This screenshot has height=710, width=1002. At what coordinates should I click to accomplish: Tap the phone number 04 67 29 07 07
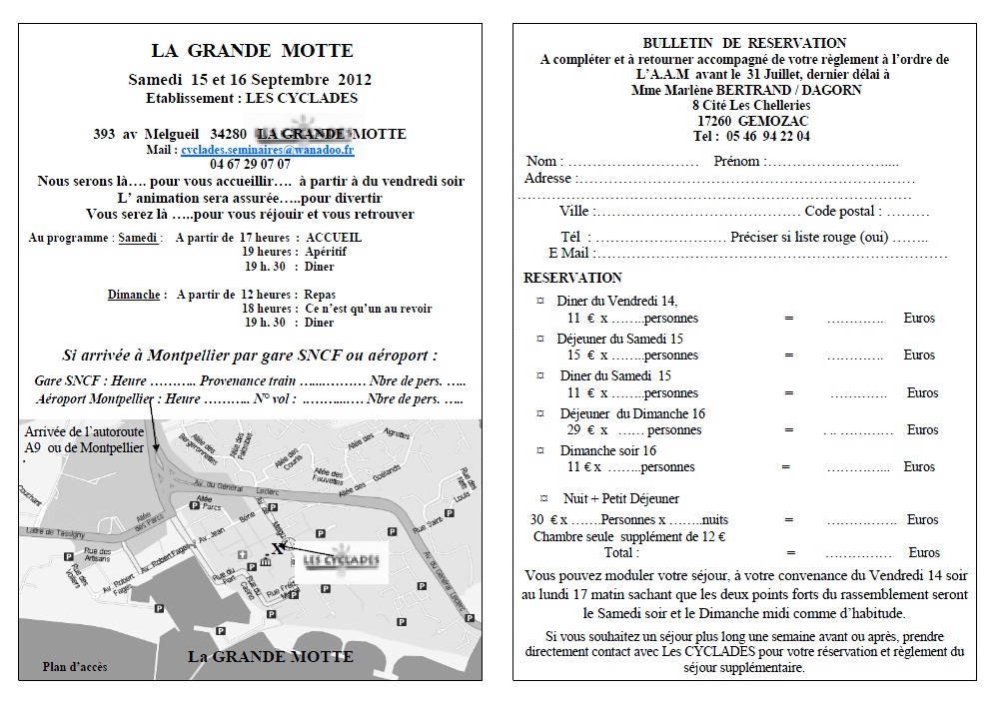pyautogui.click(x=250, y=165)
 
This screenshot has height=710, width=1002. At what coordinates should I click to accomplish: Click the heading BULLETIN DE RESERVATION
pyautogui.click(x=744, y=43)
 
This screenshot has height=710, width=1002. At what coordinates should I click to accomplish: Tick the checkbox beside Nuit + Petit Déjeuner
pyautogui.click(x=543, y=497)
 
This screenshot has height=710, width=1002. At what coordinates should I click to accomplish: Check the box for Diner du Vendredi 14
pyautogui.click(x=540, y=300)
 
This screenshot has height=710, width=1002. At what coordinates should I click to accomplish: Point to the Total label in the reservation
pyautogui.click(x=621, y=552)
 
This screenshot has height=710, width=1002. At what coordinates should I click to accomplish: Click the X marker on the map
pyautogui.click(x=277, y=548)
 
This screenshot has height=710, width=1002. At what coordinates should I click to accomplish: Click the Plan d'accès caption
pyautogui.click(x=75, y=666)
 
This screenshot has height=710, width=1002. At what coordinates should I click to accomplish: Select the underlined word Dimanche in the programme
pyautogui.click(x=134, y=295)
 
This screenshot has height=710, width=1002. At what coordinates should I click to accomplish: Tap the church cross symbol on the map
pyautogui.click(x=243, y=554)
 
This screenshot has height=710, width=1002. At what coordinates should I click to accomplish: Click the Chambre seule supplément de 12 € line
pyautogui.click(x=629, y=536)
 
